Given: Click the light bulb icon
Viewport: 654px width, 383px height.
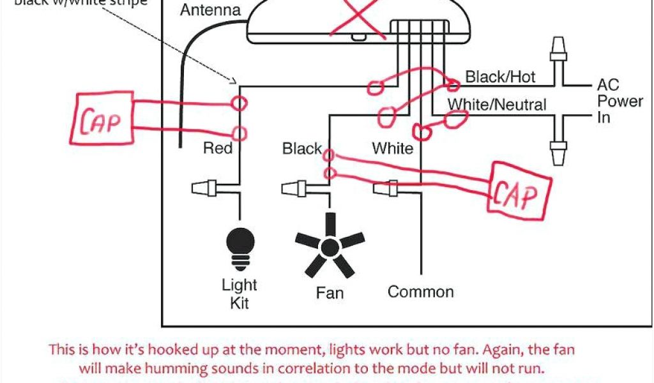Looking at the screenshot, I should [x=240, y=246].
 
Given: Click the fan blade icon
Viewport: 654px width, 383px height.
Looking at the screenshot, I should [x=330, y=246].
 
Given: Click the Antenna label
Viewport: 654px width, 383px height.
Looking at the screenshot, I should [x=210, y=10].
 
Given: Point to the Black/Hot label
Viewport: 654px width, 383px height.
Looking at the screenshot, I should [x=500, y=77].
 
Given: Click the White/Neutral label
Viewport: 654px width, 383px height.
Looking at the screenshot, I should [x=497, y=104].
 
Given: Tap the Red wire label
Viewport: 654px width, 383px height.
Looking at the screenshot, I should [x=217, y=149].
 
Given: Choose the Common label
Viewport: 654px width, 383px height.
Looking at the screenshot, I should [x=420, y=292].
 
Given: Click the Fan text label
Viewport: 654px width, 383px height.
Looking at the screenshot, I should [x=330, y=293].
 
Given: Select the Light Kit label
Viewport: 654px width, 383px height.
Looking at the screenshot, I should [x=240, y=293].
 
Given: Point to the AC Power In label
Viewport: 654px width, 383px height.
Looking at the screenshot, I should [x=619, y=101].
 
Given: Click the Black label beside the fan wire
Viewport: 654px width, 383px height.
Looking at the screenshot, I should [x=302, y=149].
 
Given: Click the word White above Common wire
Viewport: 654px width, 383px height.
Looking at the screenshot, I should [x=392, y=149].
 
